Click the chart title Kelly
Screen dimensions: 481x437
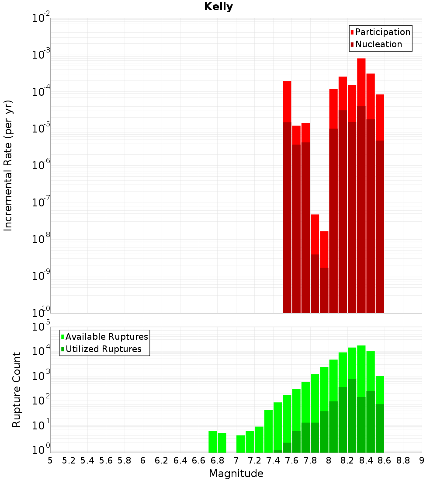218,7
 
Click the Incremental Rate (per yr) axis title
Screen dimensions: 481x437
8,165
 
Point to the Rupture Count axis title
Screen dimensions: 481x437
17,389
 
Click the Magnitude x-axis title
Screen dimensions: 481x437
236,474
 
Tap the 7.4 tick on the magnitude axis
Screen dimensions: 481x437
273,460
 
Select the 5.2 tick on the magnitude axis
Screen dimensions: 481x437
69,460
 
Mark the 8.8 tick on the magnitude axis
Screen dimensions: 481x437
403,460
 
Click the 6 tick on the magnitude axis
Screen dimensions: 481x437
143,460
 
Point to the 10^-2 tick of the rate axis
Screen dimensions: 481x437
41,18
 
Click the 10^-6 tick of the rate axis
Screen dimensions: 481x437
41,166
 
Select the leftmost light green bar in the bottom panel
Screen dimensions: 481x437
213,442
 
